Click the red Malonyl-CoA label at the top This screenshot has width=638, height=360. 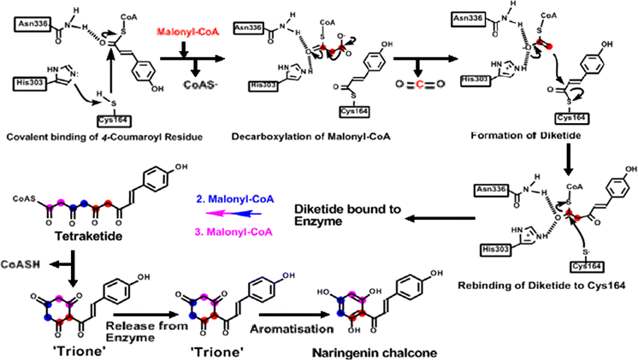click(x=183, y=32)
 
